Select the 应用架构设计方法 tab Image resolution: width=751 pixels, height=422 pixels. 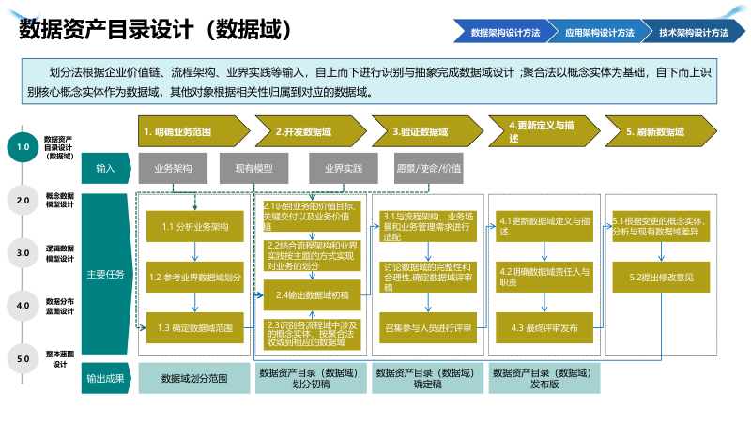pos(598,32)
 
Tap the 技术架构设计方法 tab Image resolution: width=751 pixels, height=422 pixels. pos(693,32)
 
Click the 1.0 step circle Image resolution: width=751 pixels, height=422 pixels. pos(23,147)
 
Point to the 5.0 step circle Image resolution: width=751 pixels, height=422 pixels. pos(23,358)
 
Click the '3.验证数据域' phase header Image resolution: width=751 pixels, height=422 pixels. pos(424,132)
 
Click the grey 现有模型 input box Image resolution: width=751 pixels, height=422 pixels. pos(253,169)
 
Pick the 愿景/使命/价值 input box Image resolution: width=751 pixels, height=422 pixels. pos(429,169)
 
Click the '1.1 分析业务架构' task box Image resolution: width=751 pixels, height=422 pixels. pos(195,226)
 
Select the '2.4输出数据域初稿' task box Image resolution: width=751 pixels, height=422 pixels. pos(313,294)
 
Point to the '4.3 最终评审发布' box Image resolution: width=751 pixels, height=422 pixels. pos(544,328)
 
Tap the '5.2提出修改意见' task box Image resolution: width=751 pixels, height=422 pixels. pos(654,278)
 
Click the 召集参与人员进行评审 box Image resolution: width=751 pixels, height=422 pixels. pos(428,328)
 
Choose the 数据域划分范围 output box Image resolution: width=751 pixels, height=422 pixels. pos(194,378)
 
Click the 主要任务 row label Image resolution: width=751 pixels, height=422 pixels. pos(105,275)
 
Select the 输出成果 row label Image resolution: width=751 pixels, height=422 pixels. pos(105,378)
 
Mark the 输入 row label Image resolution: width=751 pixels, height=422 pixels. pos(105,169)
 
